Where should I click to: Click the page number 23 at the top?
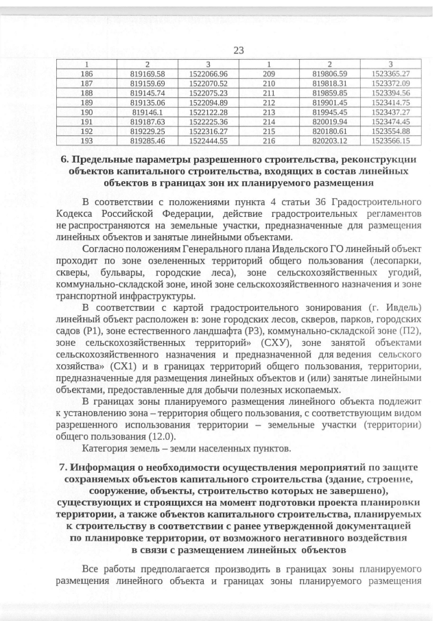[x=239, y=50]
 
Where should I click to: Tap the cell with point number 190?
[x=86, y=111]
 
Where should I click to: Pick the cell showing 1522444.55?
[x=208, y=140]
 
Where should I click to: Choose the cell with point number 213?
[x=269, y=111]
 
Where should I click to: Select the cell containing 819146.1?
[x=148, y=111]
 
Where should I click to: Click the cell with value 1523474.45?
[x=390, y=121]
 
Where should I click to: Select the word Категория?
[x=106, y=449]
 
